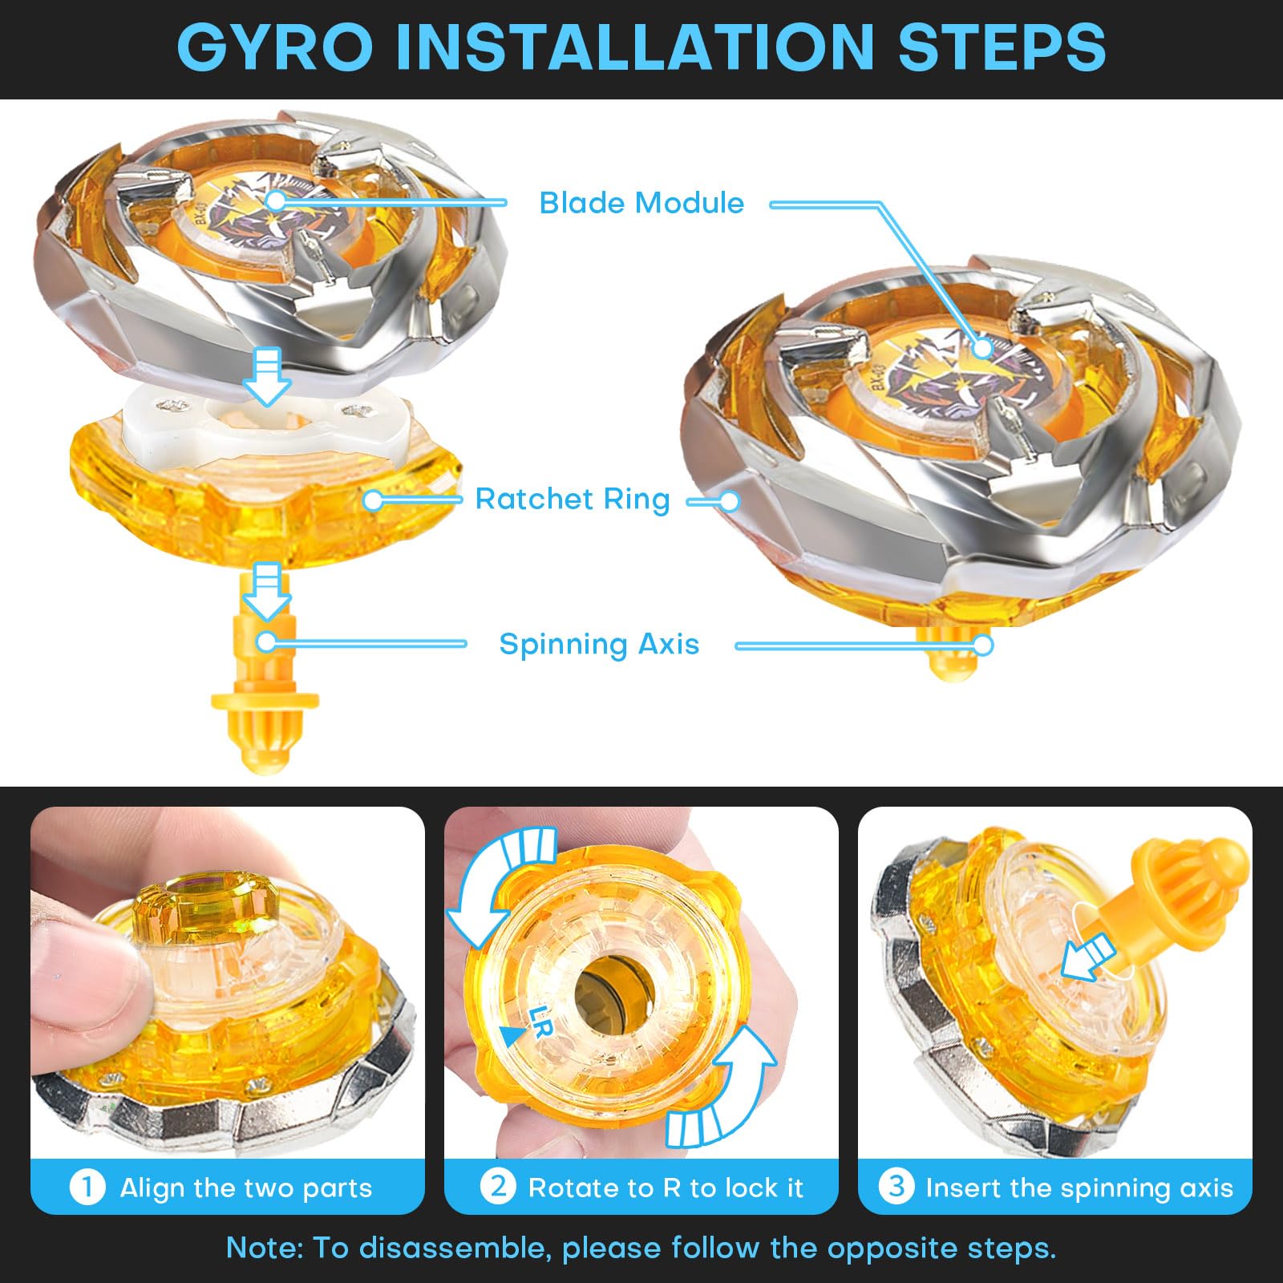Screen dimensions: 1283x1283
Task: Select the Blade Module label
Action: (x=641, y=203)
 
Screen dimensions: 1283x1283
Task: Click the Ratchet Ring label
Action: (x=573, y=499)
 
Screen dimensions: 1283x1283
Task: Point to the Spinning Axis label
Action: (x=599, y=644)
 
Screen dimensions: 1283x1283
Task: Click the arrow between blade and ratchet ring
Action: (x=267, y=376)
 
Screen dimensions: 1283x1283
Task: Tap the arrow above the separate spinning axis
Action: (x=267, y=592)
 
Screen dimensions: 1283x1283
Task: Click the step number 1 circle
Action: (x=87, y=1187)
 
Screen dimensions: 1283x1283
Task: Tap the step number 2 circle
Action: (x=498, y=1185)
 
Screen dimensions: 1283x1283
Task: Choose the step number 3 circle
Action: (x=896, y=1185)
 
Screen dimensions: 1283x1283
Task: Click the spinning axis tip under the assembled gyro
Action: (x=950, y=653)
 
